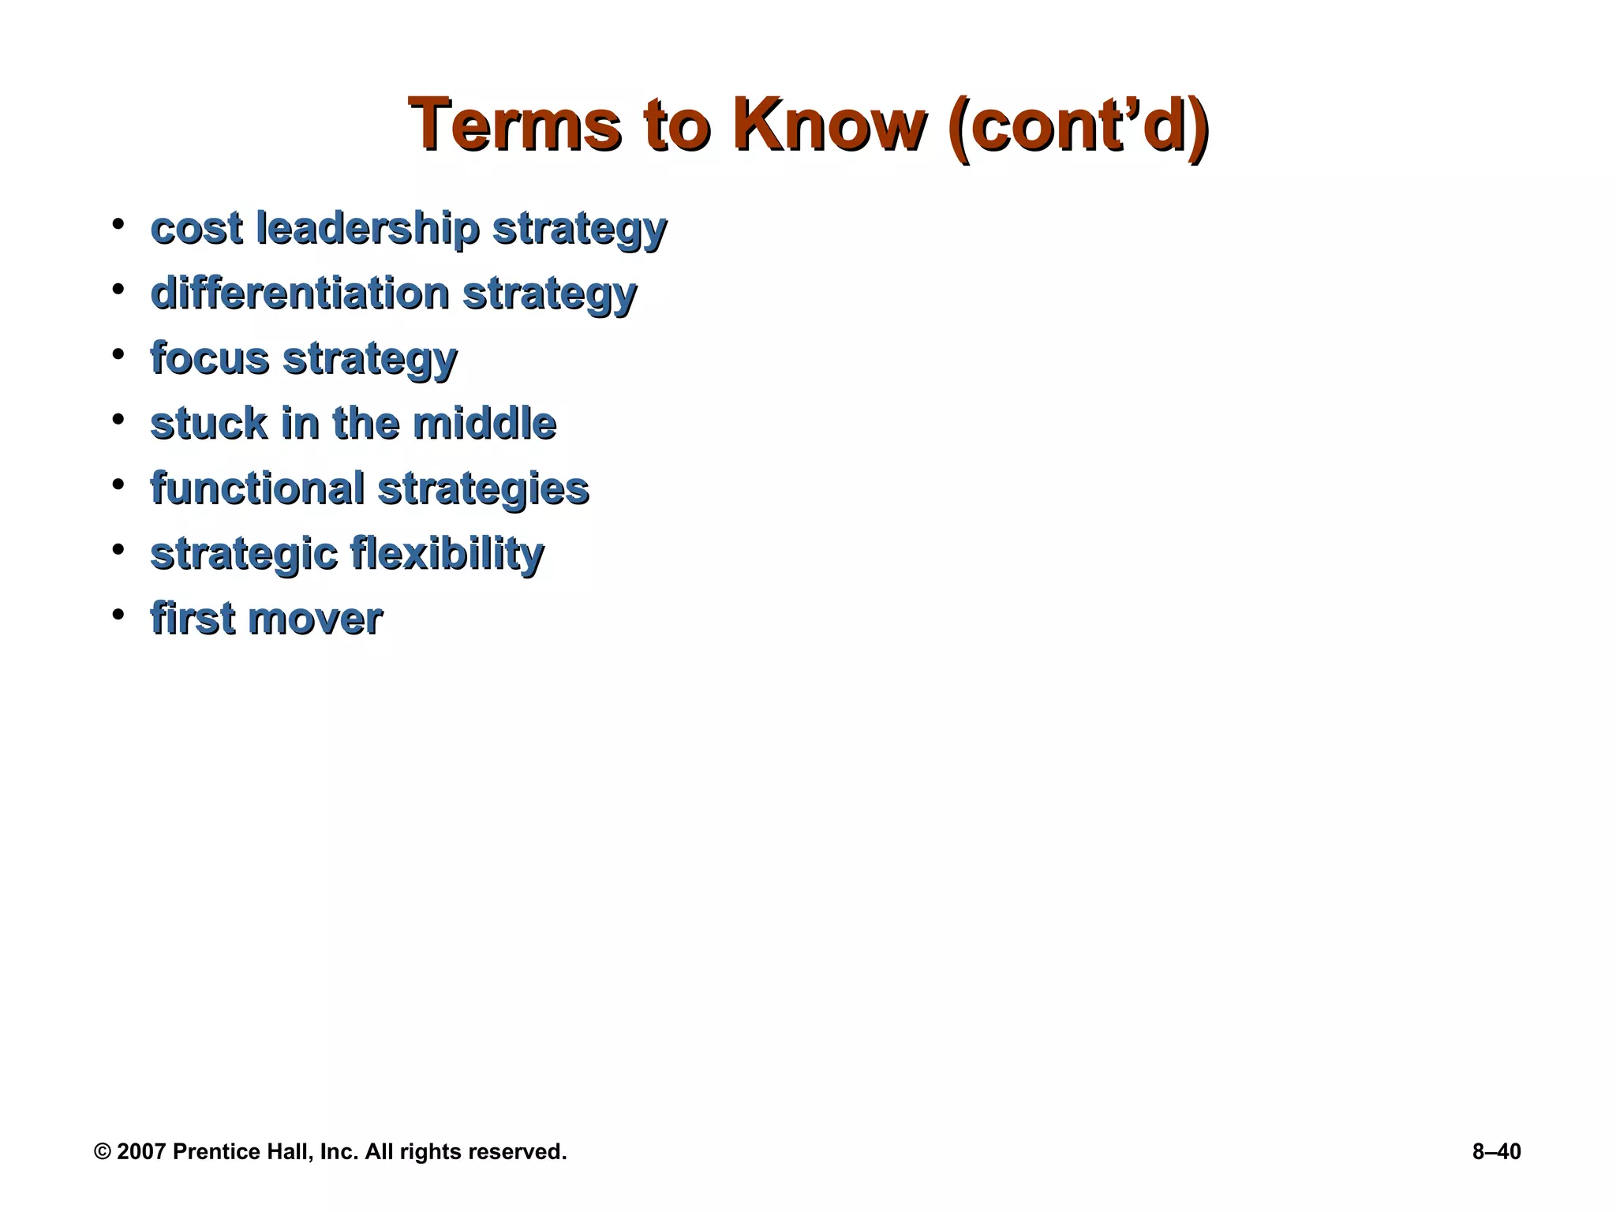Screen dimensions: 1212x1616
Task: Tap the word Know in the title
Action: (x=829, y=126)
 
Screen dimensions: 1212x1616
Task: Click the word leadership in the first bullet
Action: (x=367, y=229)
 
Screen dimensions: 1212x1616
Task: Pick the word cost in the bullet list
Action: (x=196, y=229)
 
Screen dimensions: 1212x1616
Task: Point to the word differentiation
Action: (x=300, y=294)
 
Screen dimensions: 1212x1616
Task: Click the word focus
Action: (x=210, y=358)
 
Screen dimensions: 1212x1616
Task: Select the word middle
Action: (x=484, y=423)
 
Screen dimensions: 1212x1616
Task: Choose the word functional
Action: (x=257, y=488)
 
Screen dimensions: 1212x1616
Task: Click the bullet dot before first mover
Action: (x=118, y=613)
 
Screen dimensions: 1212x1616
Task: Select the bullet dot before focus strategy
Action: (x=118, y=353)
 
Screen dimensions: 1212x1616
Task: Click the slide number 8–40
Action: (x=1496, y=1152)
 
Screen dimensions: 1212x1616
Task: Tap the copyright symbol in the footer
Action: (x=103, y=1152)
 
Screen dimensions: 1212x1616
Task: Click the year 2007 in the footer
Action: (x=141, y=1152)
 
